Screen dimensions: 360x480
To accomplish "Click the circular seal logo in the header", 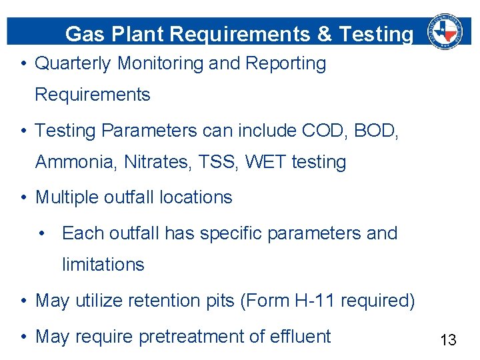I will coord(445,31).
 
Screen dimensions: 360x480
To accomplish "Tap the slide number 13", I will coord(448,341).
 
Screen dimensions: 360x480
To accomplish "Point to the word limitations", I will coord(103,265).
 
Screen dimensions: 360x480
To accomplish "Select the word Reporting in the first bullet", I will coord(286,64).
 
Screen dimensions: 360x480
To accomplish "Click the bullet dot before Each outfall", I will coord(42,233).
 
